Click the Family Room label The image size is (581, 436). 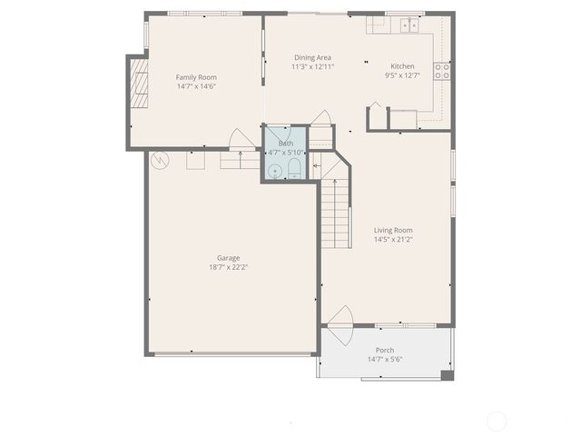196,77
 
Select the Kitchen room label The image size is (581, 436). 402,66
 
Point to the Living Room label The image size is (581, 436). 393,230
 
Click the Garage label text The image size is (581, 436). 228,258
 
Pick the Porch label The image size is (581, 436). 385,350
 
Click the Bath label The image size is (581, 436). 286,144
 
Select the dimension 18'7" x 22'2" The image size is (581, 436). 228,267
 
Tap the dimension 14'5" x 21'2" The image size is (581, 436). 393,240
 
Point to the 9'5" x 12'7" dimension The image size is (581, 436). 402,75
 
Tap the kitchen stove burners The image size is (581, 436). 443,71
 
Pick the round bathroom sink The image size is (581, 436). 274,170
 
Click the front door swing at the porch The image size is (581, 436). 340,322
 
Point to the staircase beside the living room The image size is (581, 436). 335,213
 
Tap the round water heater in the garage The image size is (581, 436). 161,160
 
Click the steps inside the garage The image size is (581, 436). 240,160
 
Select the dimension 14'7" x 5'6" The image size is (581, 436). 385,359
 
